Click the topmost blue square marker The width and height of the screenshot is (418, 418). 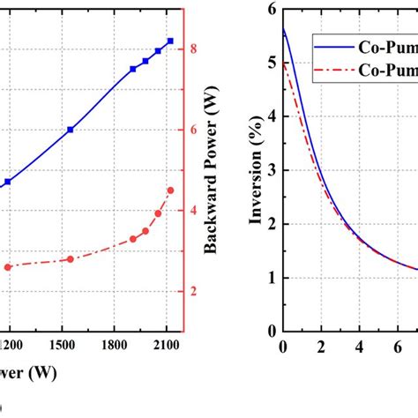tap(170, 41)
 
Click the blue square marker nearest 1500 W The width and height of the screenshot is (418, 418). tap(71, 130)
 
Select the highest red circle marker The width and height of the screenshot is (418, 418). tap(170, 190)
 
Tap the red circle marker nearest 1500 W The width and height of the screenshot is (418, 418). tap(71, 259)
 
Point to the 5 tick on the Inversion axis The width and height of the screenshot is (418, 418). tap(272, 63)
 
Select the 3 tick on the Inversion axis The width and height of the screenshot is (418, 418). tap(272, 170)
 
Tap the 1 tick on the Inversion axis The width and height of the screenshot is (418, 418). tap(272, 278)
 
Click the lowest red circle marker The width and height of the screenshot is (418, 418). tap(8, 267)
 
